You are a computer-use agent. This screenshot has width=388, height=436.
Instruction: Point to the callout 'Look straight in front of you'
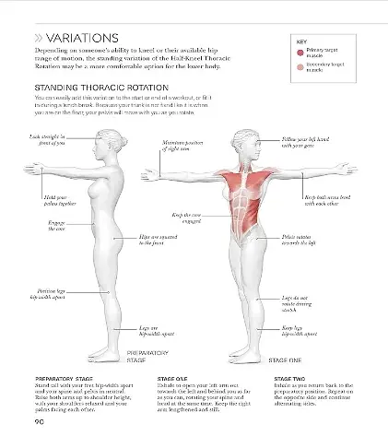tap(48, 138)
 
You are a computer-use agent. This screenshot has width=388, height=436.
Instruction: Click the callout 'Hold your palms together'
tap(57, 199)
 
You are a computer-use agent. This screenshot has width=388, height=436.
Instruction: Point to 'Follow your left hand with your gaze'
tap(303, 142)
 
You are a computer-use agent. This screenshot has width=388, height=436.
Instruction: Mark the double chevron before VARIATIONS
tap(40, 37)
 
